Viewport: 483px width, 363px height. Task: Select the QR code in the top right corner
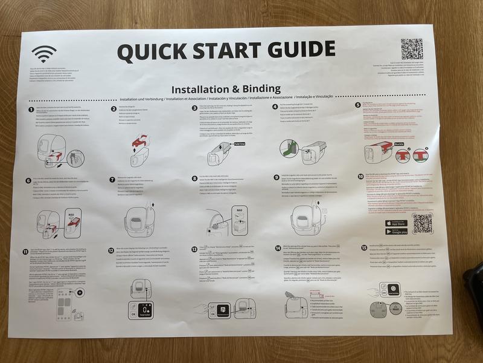412,49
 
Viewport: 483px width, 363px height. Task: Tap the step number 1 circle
31,108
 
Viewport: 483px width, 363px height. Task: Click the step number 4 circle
275,106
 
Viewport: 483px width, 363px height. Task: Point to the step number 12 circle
111,249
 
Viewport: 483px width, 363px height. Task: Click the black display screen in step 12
145,307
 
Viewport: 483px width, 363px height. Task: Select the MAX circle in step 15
394,309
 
